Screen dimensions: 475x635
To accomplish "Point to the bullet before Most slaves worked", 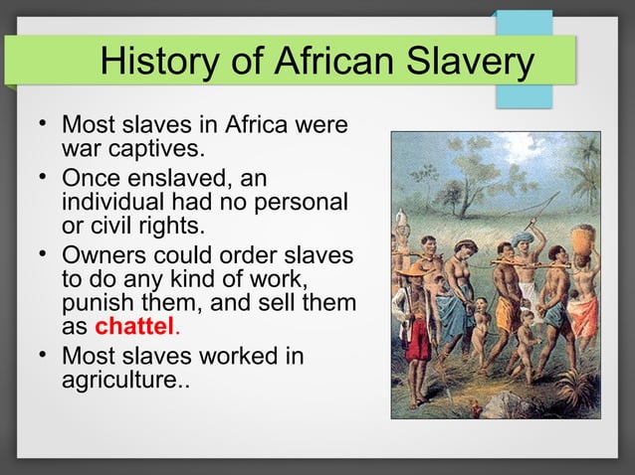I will (39, 353).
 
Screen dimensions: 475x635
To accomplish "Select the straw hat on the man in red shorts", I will (411, 269).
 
